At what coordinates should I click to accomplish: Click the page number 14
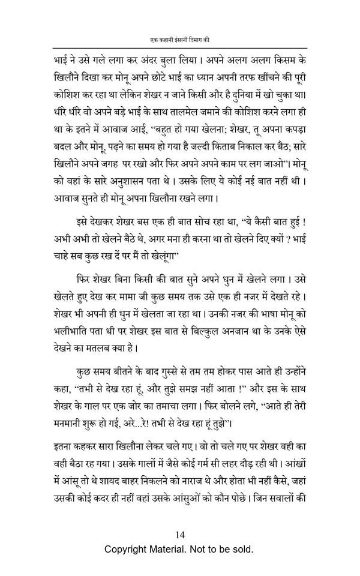[180, 535]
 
